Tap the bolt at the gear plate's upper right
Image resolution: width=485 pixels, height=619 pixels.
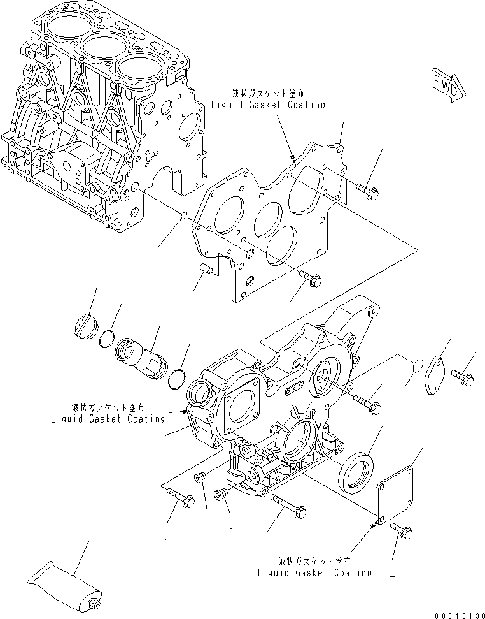pyautogui.click(x=367, y=189)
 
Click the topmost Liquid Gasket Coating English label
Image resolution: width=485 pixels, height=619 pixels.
pyautogui.click(x=269, y=105)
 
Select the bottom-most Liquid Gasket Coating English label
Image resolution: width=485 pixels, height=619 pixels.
pyautogui.click(x=314, y=572)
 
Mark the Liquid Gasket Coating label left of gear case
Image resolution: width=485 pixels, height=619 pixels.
pyautogui.click(x=108, y=418)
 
